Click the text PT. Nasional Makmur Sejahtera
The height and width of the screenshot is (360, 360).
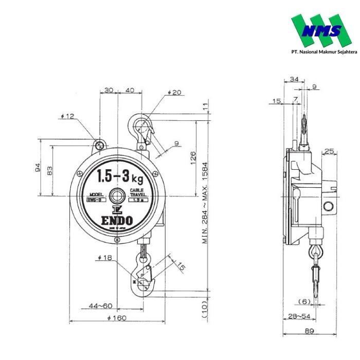click(x=324, y=51)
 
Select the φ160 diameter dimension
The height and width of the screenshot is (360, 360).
click(x=117, y=317)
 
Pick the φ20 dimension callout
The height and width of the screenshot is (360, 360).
click(x=175, y=93)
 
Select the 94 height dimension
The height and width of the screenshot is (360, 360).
click(x=38, y=168)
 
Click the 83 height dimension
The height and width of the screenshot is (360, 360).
click(x=50, y=170)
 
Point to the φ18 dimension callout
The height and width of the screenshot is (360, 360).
click(x=104, y=257)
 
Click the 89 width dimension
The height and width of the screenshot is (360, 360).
click(x=309, y=331)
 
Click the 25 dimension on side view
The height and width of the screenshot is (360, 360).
click(x=329, y=151)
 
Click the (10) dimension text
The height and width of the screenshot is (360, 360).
click(x=205, y=311)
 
